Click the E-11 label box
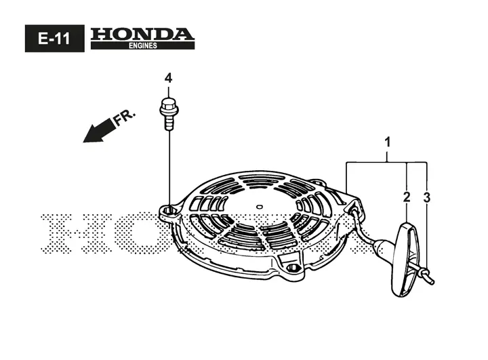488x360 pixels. tap(54, 38)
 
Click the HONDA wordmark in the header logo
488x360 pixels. tap(142, 35)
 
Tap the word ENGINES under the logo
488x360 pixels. tap(143, 45)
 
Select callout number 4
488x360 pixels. tap(168, 78)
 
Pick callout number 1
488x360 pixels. tap(388, 142)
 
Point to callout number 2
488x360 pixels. tap(407, 197)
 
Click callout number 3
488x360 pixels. tap(427, 197)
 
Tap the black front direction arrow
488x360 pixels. tap(98, 130)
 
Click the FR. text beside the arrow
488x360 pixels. tap(124, 117)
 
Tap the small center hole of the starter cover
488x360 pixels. tap(259, 206)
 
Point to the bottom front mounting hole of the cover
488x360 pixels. tap(292, 268)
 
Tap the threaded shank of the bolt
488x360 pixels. tap(169, 123)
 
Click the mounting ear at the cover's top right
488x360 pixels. tap(317, 182)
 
